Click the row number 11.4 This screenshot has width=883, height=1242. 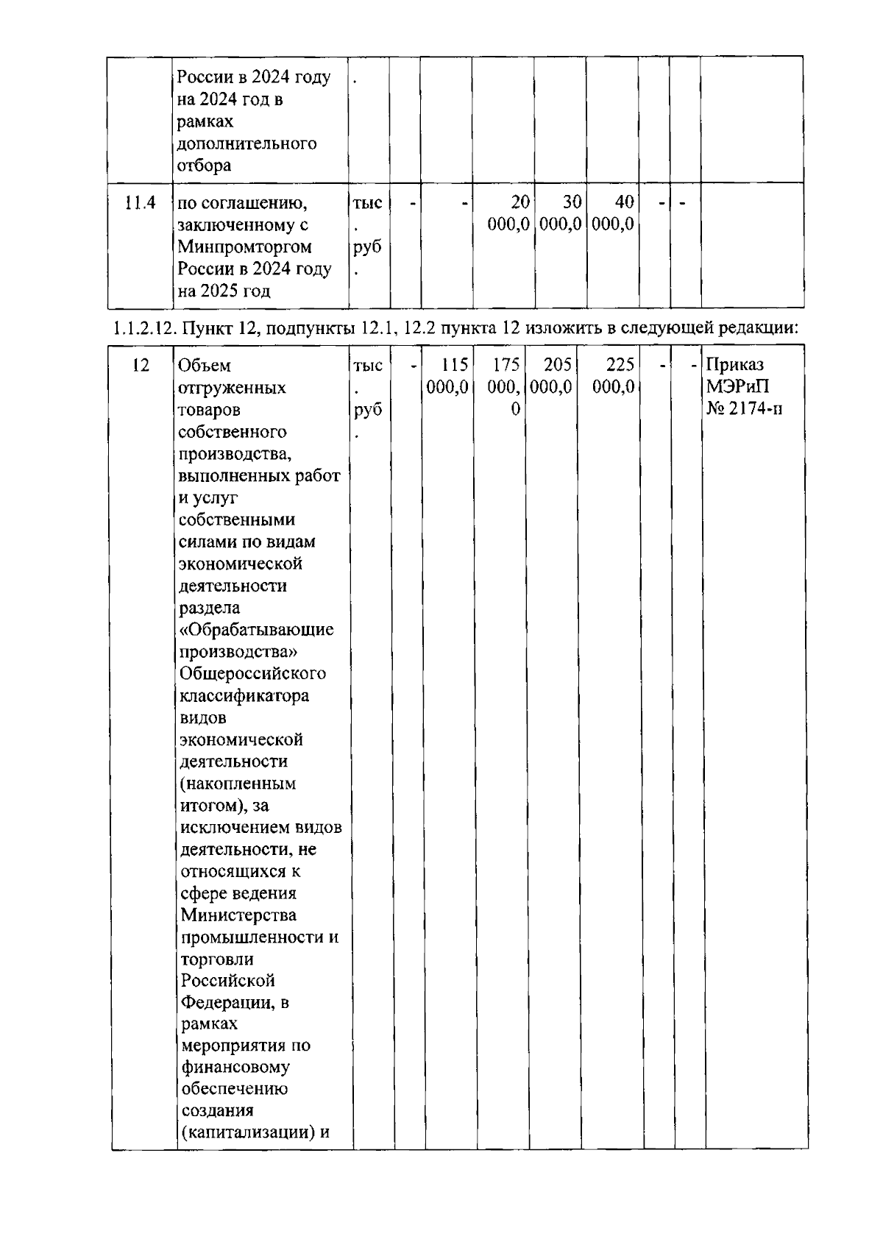[x=139, y=202]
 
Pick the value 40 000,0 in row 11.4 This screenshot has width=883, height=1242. [x=614, y=213]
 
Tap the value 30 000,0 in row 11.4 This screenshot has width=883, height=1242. [x=561, y=213]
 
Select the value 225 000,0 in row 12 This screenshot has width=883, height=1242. [x=614, y=376]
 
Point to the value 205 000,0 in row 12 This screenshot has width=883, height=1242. [x=552, y=376]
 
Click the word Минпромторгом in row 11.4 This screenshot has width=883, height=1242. [x=244, y=246]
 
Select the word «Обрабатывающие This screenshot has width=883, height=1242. [x=257, y=630]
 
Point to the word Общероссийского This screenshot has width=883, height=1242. [x=253, y=674]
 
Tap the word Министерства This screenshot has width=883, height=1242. [x=238, y=915]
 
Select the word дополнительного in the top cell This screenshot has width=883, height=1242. [x=247, y=143]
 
